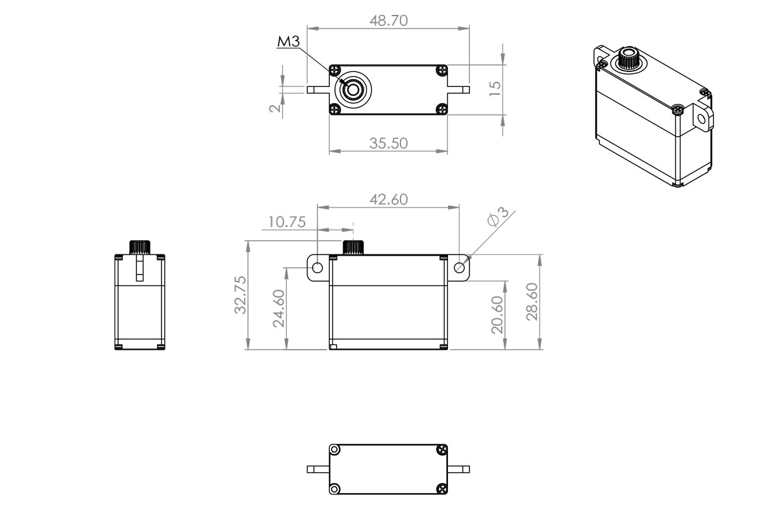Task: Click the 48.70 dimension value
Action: pos(388,20)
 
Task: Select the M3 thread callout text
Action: pos(288,42)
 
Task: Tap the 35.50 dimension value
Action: pos(388,143)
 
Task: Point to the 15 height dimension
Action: pos(495,88)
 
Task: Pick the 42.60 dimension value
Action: pos(388,199)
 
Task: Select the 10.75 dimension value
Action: pos(286,222)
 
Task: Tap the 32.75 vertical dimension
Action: pos(240,295)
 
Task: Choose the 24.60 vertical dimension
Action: pos(279,309)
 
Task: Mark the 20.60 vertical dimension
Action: pos(497,315)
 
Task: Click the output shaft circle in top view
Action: pos(353,90)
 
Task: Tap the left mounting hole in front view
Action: pos(317,268)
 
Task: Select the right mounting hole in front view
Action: pos(460,268)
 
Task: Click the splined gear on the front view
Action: pos(353,247)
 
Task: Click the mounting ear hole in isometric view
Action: pos(702,119)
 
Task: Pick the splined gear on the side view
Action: pos(140,247)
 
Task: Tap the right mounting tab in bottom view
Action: pos(459,469)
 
